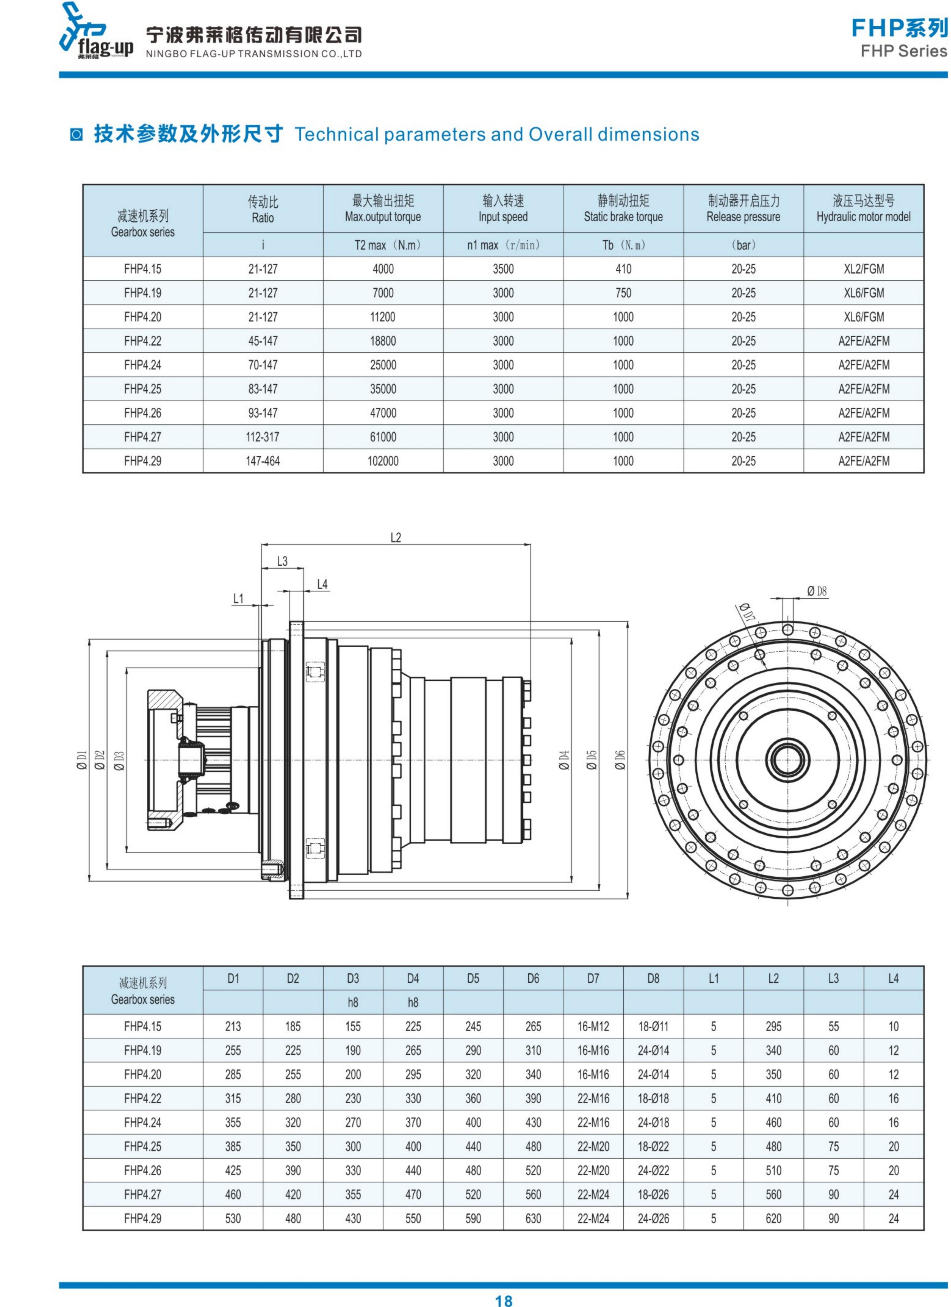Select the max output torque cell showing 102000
383,461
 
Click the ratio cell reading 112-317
263,437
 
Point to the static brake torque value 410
623,269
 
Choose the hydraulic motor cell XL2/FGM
863,269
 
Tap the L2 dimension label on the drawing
395,538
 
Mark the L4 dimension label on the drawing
322,584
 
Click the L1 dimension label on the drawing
238,599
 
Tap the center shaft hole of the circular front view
787,760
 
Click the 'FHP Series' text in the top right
903,51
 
